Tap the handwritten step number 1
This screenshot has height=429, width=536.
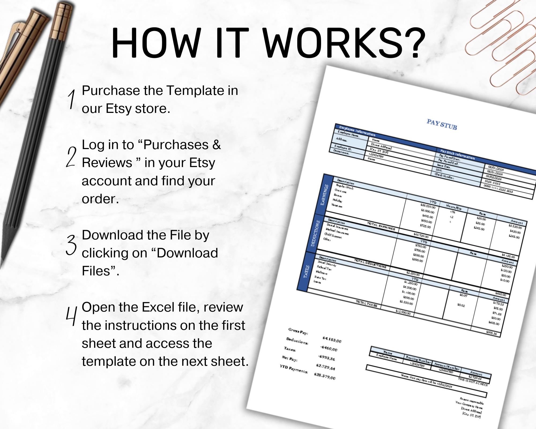click(x=71, y=99)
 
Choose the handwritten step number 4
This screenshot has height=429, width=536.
click(x=71, y=316)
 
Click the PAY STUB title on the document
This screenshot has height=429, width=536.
click(x=442, y=125)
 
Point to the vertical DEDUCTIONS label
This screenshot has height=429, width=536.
click(x=315, y=233)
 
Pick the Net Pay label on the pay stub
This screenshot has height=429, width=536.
click(x=289, y=358)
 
